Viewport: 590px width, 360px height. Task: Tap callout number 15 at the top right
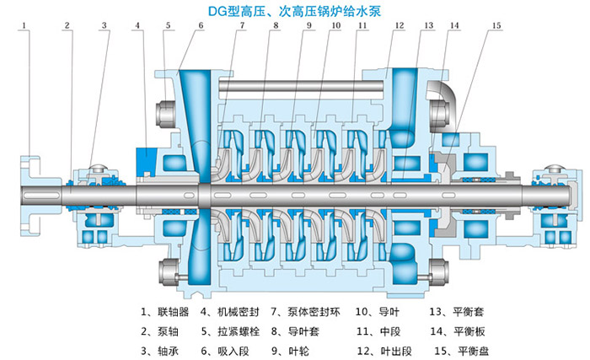coord(495,27)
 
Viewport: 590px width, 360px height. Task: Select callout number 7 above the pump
coord(242,27)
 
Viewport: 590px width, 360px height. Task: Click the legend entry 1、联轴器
coord(164,310)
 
